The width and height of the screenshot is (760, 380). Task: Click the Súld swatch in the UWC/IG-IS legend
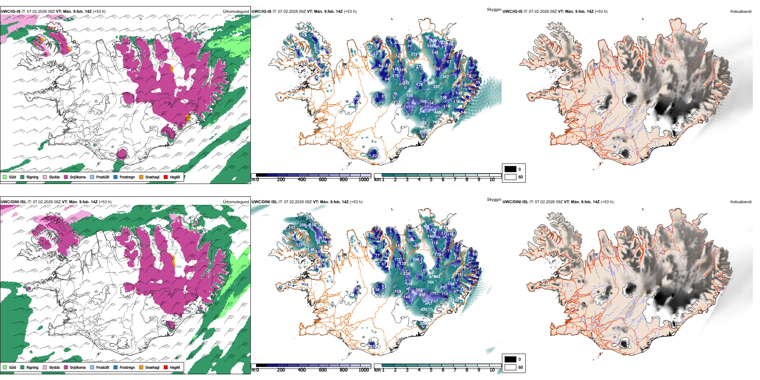tap(5, 177)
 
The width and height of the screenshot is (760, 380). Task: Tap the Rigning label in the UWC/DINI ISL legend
tap(32, 367)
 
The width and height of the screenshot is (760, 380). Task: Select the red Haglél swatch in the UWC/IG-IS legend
tap(166, 177)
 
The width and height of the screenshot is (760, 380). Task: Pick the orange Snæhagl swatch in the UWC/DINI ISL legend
tap(141, 367)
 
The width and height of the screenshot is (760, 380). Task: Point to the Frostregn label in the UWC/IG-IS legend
tap(127, 177)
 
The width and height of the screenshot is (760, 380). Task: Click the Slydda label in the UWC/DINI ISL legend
tap(54, 367)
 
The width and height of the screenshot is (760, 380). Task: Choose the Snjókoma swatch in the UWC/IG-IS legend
tap(66, 177)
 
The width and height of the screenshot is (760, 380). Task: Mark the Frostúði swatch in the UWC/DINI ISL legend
tap(92, 367)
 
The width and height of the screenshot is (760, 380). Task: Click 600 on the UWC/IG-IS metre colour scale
tap(322, 180)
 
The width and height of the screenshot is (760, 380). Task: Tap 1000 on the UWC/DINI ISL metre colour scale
tap(364, 370)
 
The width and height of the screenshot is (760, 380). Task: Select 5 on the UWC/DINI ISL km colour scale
tap(431, 370)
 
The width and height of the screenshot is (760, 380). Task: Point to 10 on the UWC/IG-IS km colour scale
tap(492, 180)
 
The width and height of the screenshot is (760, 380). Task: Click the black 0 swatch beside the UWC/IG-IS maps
tap(510, 169)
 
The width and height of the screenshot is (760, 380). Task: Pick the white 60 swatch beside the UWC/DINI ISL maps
tap(510, 367)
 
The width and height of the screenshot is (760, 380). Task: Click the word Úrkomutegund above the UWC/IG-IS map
tap(236, 12)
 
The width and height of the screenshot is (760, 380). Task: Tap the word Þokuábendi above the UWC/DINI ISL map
tap(741, 202)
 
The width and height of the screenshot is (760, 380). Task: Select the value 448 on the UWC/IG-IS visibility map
tap(437, 112)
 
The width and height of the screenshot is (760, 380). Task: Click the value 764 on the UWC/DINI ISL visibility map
tap(430, 282)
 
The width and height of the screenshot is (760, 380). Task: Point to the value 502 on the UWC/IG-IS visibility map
tap(423, 123)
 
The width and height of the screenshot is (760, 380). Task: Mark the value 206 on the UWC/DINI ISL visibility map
tap(302, 225)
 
